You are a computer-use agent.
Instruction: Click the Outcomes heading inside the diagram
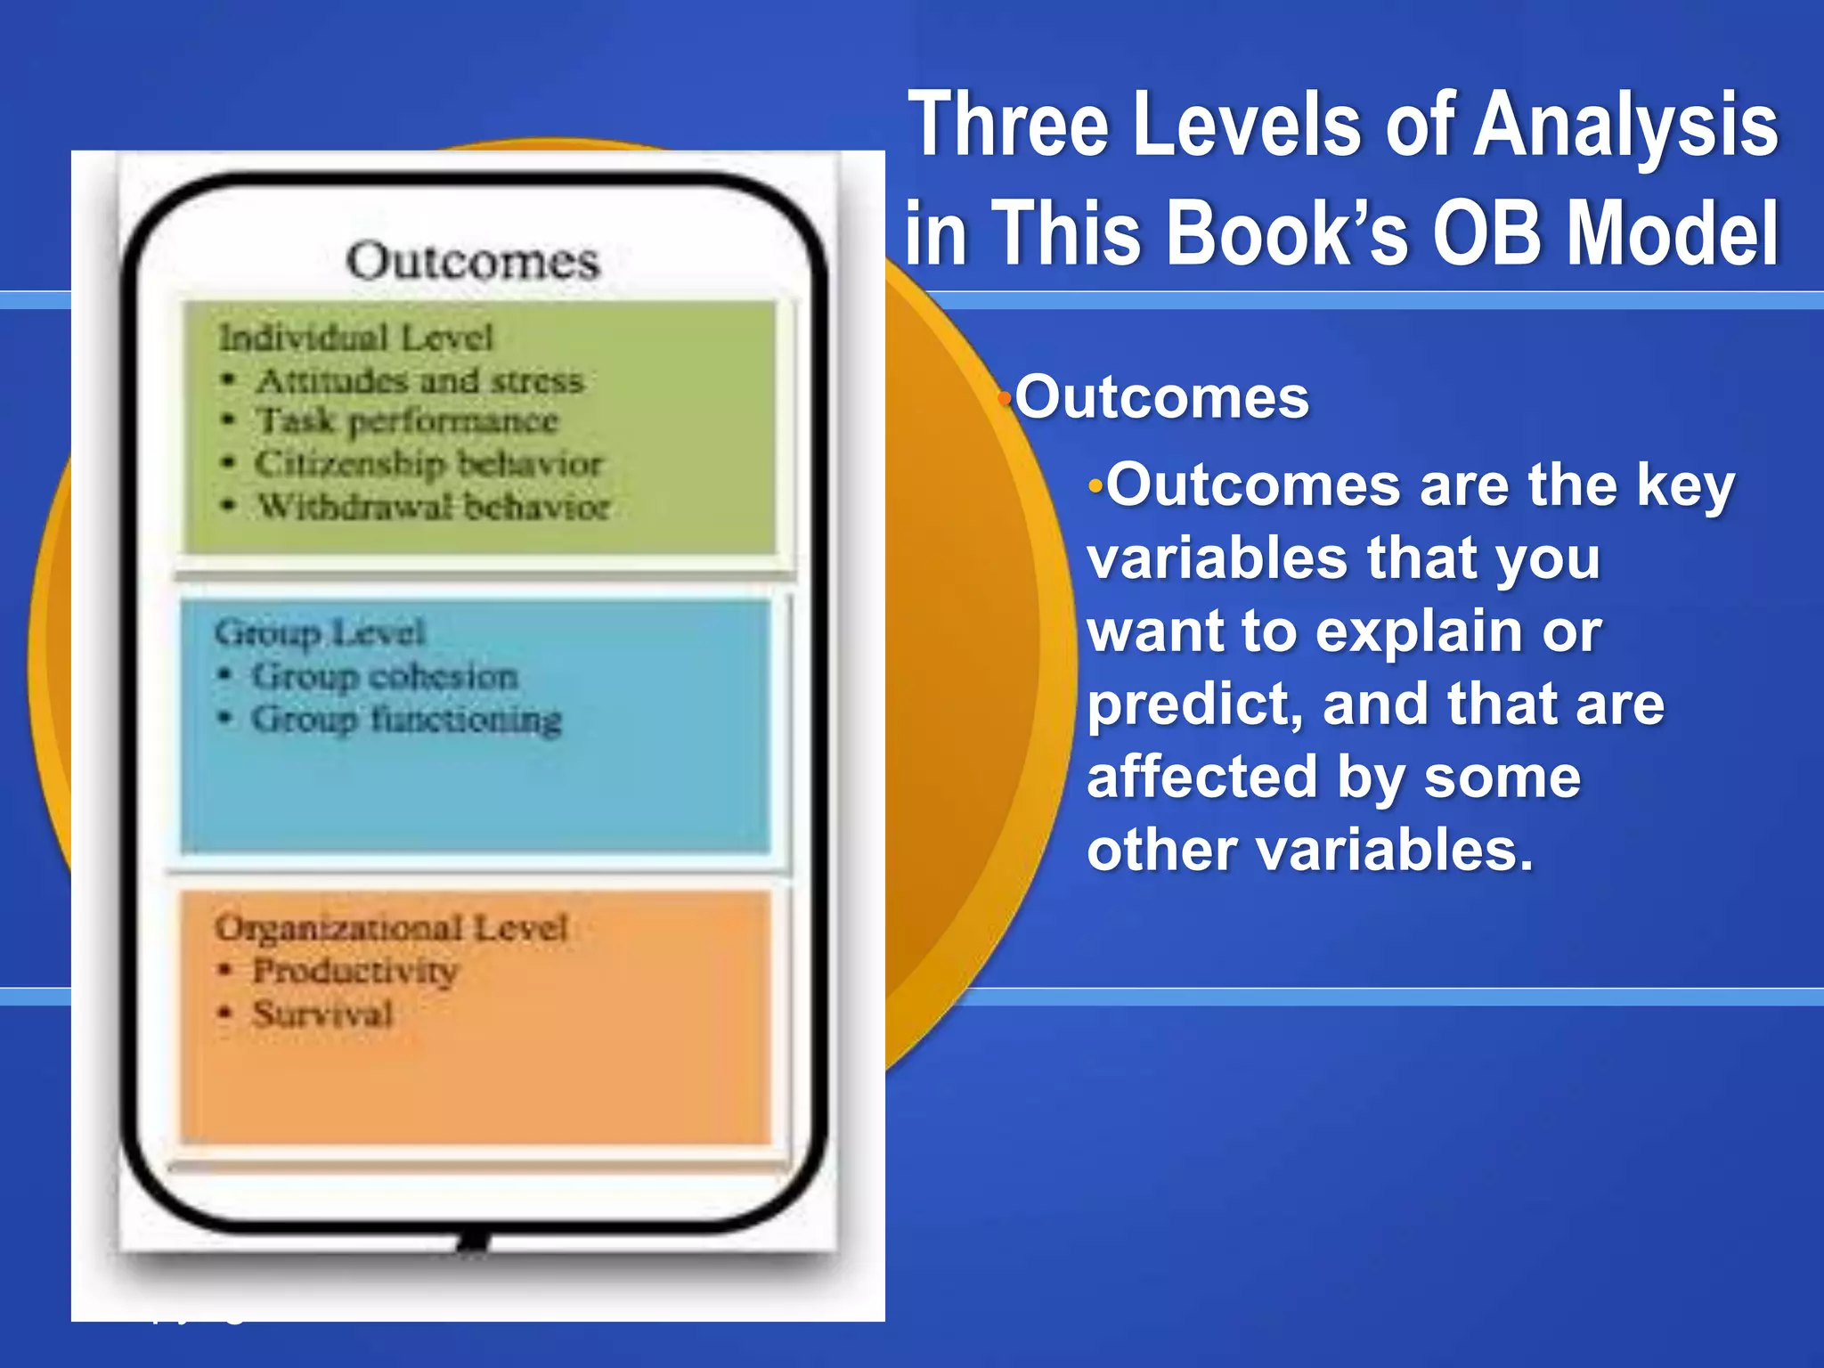(x=473, y=261)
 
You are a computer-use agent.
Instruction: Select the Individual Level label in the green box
(x=355, y=338)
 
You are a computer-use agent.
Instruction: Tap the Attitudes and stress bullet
(x=419, y=380)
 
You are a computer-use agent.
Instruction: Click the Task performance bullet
(x=407, y=420)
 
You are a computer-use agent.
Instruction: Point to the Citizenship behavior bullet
(x=428, y=463)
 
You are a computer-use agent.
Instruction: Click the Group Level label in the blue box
(x=320, y=632)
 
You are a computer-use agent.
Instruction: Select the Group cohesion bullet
(x=384, y=676)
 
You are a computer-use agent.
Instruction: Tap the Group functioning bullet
(x=406, y=719)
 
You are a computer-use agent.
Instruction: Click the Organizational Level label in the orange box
(x=391, y=927)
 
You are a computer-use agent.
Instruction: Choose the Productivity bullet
(x=355, y=970)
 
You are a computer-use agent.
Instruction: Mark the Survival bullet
(x=322, y=1014)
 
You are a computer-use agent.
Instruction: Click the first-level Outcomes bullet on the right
(x=1161, y=397)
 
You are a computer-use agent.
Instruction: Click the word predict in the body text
(x=1194, y=705)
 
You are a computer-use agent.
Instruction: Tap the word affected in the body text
(x=1201, y=777)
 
